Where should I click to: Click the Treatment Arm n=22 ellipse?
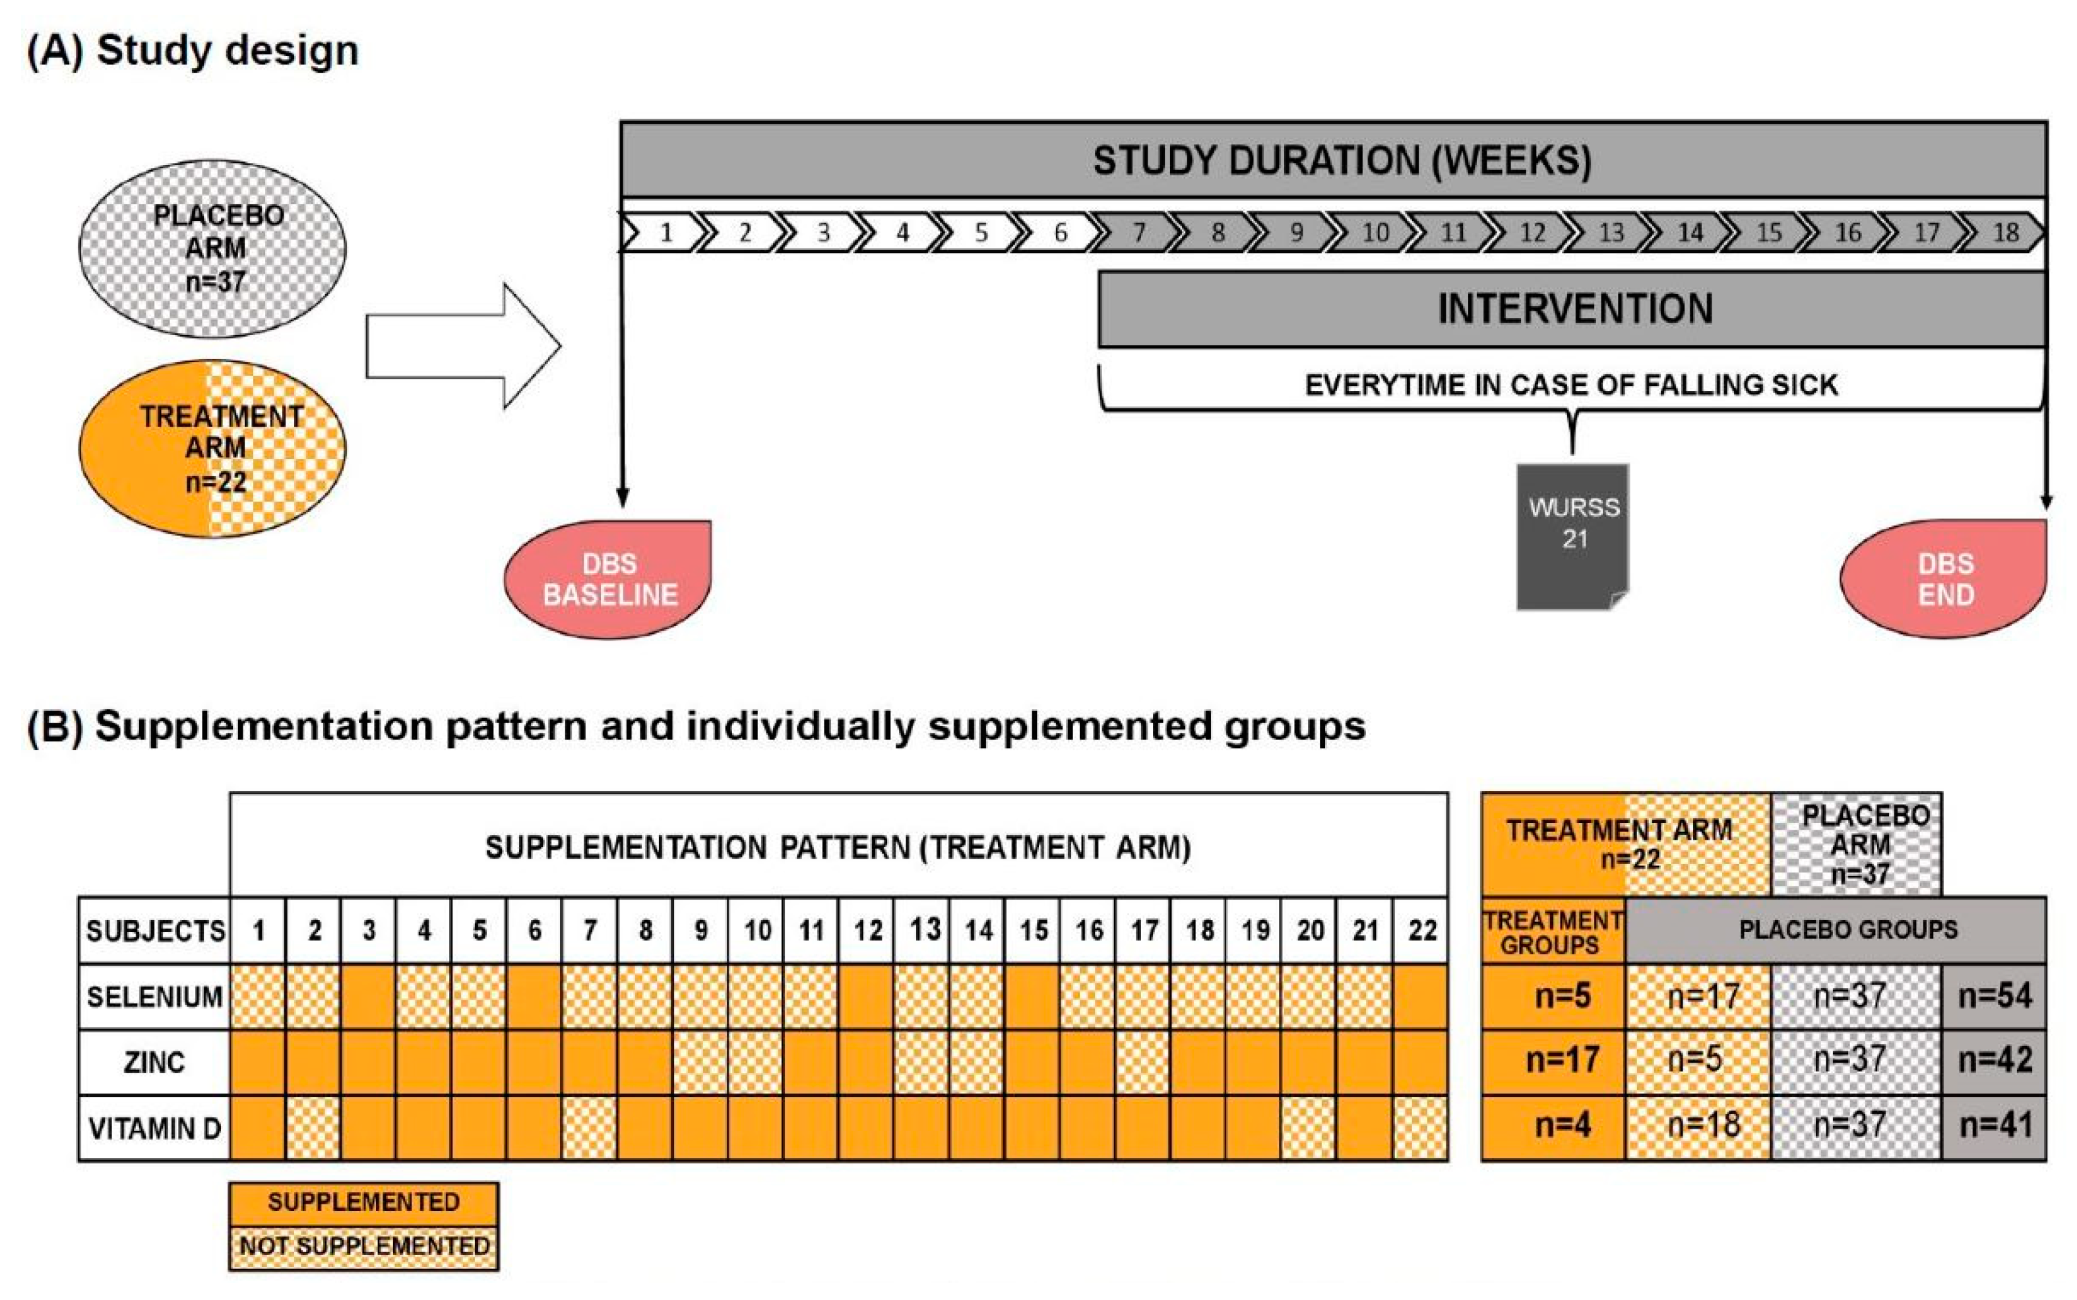coord(212,449)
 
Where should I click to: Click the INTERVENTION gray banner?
coord(1572,309)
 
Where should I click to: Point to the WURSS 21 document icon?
coord(1572,536)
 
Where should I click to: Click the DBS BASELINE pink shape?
coord(609,578)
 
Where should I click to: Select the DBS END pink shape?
coord(1944,578)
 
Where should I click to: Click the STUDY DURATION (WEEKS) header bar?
coord(1334,160)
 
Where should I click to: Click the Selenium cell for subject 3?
coord(369,997)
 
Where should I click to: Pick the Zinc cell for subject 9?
coord(700,1062)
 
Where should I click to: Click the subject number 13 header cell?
coord(923,930)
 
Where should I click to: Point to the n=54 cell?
coord(1994,996)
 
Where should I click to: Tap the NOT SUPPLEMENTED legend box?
coord(363,1247)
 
